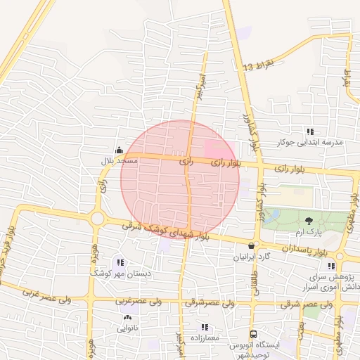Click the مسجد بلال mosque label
pyautogui.click(x=119, y=161)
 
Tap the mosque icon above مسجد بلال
pyautogui.click(x=119, y=150)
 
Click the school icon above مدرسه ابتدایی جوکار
pyautogui.click(x=310, y=131)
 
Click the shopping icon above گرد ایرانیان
pyautogui.click(x=252, y=245)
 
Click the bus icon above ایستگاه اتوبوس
pyautogui.click(x=253, y=335)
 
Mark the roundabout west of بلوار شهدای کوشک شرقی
pyautogui.click(x=97, y=219)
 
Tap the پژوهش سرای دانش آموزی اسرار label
pyautogui.click(x=333, y=282)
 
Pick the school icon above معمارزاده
pyautogui.click(x=205, y=327)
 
